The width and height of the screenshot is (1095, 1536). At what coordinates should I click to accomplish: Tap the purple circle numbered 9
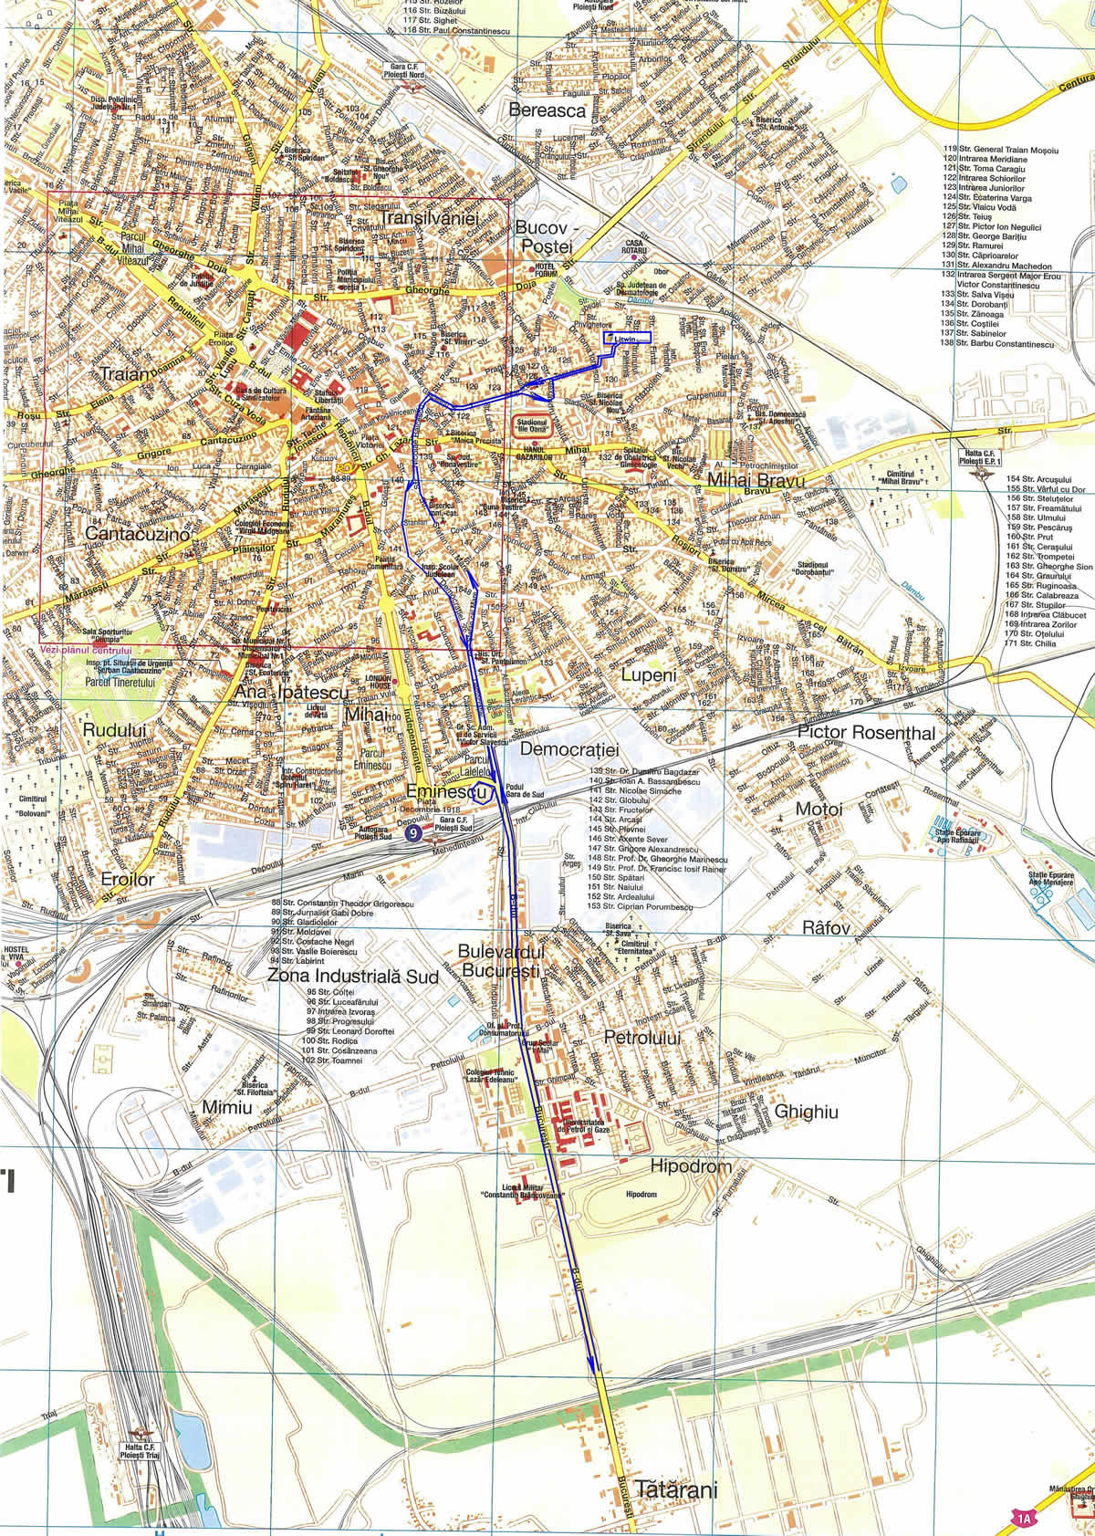point(414,832)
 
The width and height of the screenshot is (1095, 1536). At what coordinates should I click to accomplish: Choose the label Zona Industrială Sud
point(353,976)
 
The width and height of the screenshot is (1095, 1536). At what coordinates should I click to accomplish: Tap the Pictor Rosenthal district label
point(866,732)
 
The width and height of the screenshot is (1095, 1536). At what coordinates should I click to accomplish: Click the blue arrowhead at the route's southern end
point(592,1362)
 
